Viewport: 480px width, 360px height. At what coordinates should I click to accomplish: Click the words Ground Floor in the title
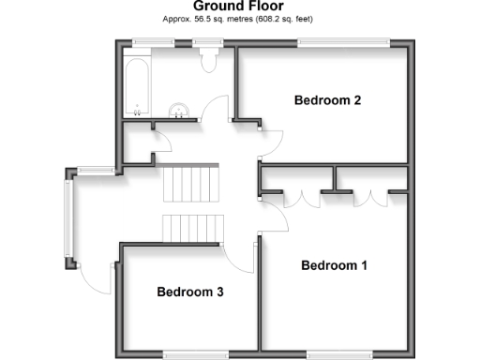[239, 7]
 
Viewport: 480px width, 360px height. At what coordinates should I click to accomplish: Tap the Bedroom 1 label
[334, 265]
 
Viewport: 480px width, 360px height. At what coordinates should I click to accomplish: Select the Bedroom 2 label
[327, 99]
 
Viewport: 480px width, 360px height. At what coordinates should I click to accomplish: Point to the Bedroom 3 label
[189, 292]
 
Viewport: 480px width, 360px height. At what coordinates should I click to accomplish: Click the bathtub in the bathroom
[136, 83]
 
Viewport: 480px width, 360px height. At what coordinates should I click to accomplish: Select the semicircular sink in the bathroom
[179, 111]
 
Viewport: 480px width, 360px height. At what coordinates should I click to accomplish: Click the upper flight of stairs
[190, 183]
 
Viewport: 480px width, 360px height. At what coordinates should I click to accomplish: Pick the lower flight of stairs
[193, 227]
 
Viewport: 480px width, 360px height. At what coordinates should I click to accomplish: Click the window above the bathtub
[144, 41]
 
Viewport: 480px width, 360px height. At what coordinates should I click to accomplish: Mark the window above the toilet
[207, 41]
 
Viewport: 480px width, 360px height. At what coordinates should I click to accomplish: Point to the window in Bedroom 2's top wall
[344, 41]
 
